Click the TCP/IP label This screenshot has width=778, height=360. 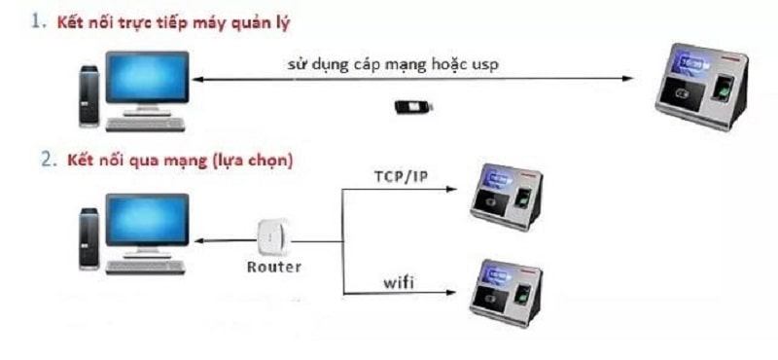400,176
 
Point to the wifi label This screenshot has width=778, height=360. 399,283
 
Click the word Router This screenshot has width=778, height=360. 272,266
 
